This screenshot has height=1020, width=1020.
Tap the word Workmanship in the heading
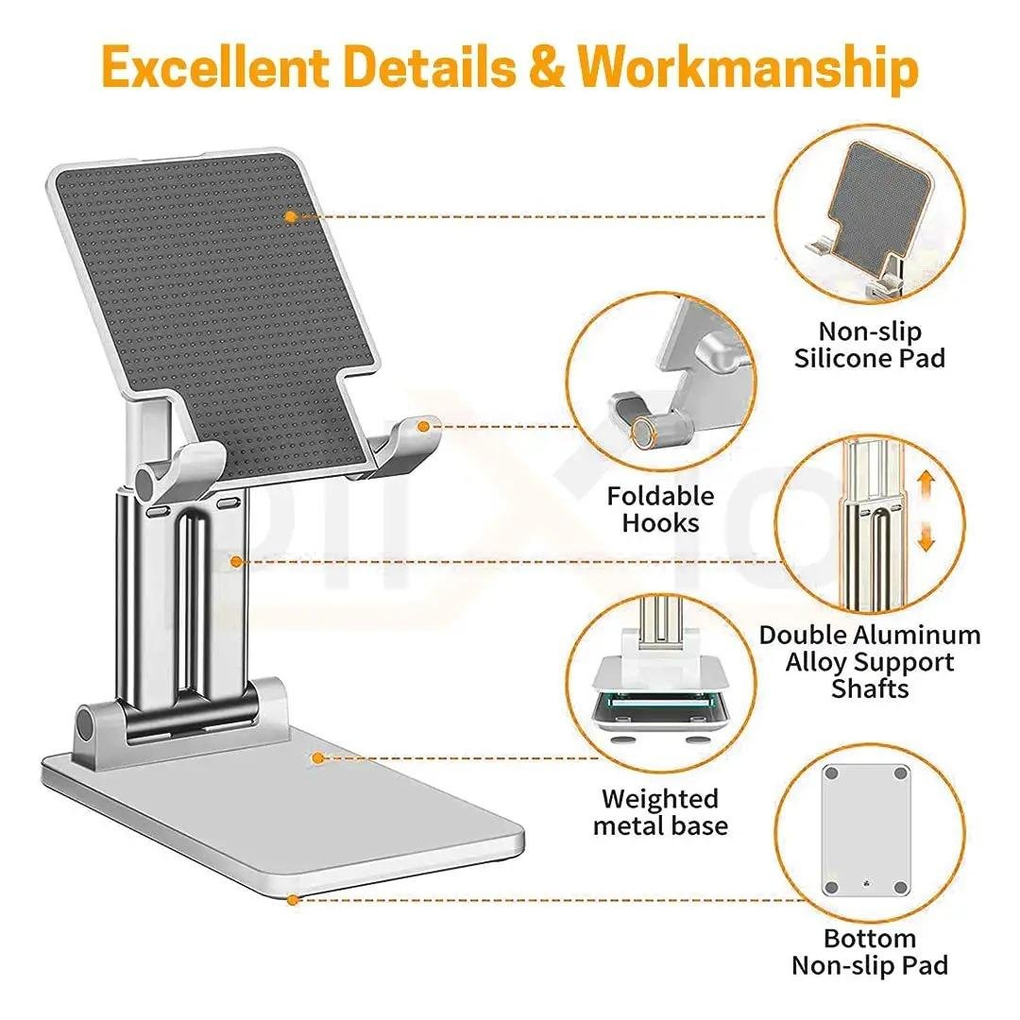tap(749, 68)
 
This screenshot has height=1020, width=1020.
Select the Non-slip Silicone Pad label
tap(869, 345)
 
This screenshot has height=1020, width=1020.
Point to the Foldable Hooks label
tap(661, 509)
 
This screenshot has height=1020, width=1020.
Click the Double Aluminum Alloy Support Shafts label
tap(870, 661)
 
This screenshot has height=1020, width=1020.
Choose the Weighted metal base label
tap(660, 812)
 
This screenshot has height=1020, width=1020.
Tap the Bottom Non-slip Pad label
tap(869, 952)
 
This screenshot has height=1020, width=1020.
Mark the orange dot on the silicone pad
tap(291, 216)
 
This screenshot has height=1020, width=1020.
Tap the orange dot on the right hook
tap(424, 427)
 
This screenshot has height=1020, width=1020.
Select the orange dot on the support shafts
tap(236, 562)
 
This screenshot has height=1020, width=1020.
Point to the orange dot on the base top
tap(318, 757)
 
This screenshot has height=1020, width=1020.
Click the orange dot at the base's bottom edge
tap(293, 900)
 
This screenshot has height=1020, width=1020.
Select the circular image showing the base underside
tap(870, 831)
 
